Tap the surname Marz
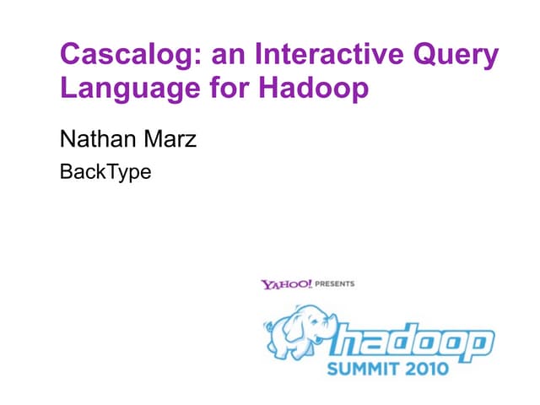170,138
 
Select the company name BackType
106,174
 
